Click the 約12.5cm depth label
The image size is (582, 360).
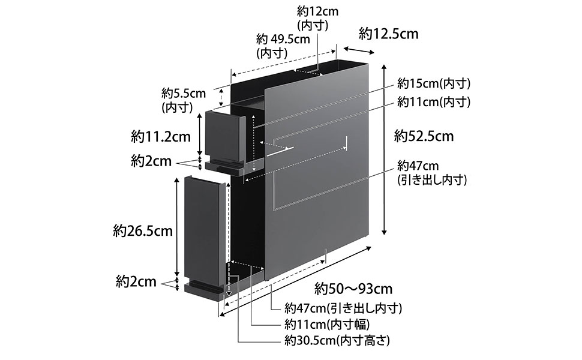[388, 34]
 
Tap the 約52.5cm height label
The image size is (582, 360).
[424, 136]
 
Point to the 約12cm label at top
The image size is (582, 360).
[317, 18]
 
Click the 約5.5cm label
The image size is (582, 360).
[184, 100]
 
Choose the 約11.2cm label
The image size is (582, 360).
[161, 137]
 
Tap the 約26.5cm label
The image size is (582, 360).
[143, 231]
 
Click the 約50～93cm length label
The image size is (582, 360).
[353, 289]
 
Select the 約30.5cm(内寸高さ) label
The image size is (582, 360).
[337, 340]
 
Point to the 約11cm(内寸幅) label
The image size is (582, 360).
[327, 324]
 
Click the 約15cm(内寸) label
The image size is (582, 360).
[434, 83]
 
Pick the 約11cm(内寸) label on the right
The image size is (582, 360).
[434, 101]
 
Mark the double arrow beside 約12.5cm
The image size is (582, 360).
[359, 50]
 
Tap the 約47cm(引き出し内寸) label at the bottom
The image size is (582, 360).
[343, 308]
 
